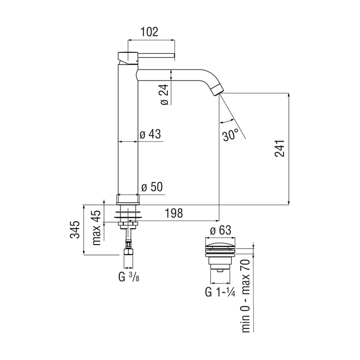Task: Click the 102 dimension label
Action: (x=149, y=32)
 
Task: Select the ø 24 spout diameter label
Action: (x=165, y=95)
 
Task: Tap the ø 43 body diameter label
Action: (x=150, y=134)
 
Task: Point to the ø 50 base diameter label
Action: (x=152, y=187)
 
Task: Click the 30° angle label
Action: (x=230, y=135)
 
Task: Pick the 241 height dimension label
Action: (x=280, y=148)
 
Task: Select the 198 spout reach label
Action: (x=174, y=213)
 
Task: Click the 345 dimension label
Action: (x=75, y=230)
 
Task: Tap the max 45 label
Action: (x=97, y=228)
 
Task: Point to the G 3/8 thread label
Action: (x=129, y=277)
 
